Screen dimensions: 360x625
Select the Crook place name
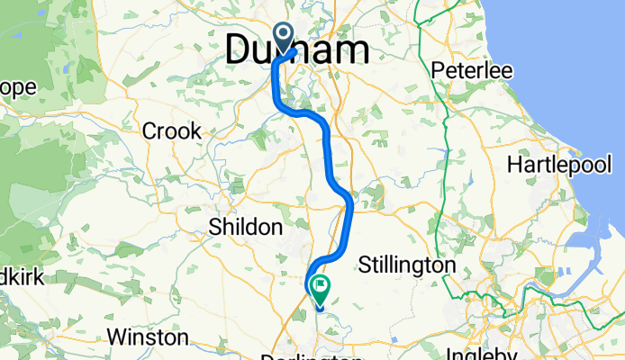[x=171, y=131]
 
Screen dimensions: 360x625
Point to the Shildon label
[x=245, y=227]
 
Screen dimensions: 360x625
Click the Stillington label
[x=406, y=265]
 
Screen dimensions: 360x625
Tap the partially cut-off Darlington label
[x=298, y=356]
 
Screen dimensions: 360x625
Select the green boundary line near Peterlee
[x=448, y=126]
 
